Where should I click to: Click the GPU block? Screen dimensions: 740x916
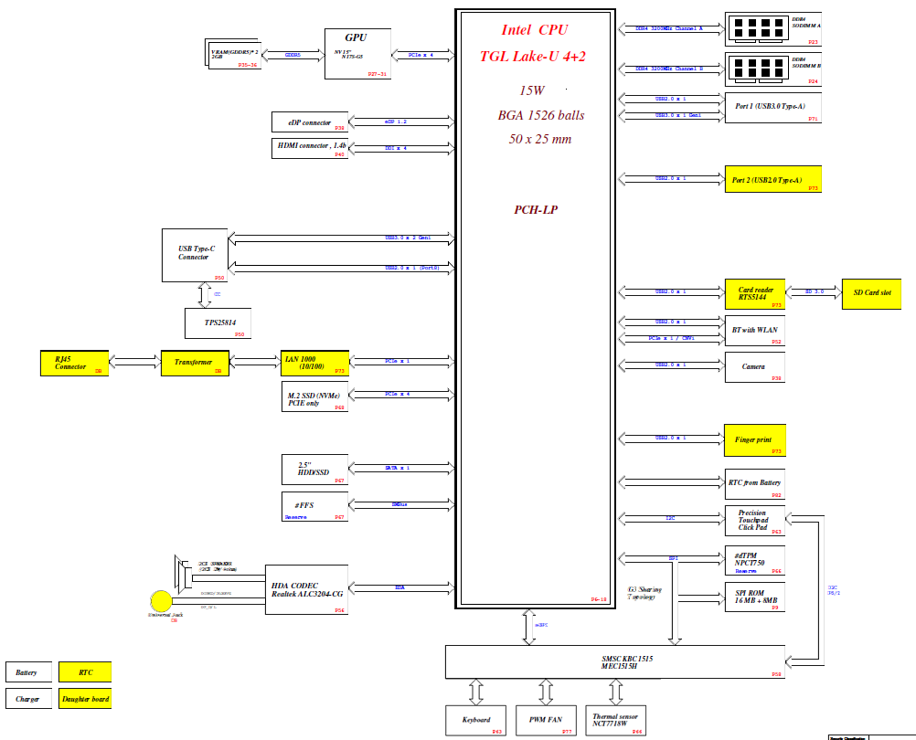(357, 54)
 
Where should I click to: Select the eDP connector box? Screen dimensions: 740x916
(310, 122)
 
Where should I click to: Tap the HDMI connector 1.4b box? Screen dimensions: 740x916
(310, 148)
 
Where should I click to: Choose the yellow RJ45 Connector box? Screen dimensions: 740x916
(74, 363)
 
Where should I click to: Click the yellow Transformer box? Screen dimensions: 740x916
(195, 363)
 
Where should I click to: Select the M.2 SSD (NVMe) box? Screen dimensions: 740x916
(315, 396)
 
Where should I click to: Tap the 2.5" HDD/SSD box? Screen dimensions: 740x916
(315, 470)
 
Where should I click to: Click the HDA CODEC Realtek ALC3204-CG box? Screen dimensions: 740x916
(306, 589)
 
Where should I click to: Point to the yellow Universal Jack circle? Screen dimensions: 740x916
(161, 601)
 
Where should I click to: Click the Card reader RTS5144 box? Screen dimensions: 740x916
(755, 292)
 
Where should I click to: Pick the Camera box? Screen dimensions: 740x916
(755, 366)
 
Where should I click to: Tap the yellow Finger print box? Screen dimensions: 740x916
(755, 439)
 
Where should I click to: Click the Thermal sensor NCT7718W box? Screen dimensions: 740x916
(617, 720)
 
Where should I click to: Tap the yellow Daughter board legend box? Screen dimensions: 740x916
(85, 700)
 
